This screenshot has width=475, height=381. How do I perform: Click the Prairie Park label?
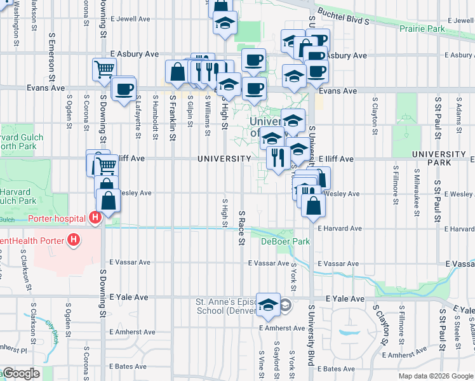(x=422, y=29)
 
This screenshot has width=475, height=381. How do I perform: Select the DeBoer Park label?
(x=285, y=241)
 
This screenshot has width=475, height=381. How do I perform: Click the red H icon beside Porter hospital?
(x=95, y=218)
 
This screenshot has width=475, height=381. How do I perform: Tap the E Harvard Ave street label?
(x=340, y=228)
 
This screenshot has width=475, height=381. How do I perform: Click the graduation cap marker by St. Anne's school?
(x=269, y=305)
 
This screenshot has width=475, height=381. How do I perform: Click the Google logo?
(x=20, y=373)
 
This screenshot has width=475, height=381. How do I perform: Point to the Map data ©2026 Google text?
(x=436, y=376)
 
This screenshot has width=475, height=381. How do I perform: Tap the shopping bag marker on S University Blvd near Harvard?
(x=312, y=205)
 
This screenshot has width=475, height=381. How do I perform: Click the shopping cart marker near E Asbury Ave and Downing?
(x=104, y=69)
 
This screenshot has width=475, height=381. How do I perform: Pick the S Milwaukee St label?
(x=417, y=187)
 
